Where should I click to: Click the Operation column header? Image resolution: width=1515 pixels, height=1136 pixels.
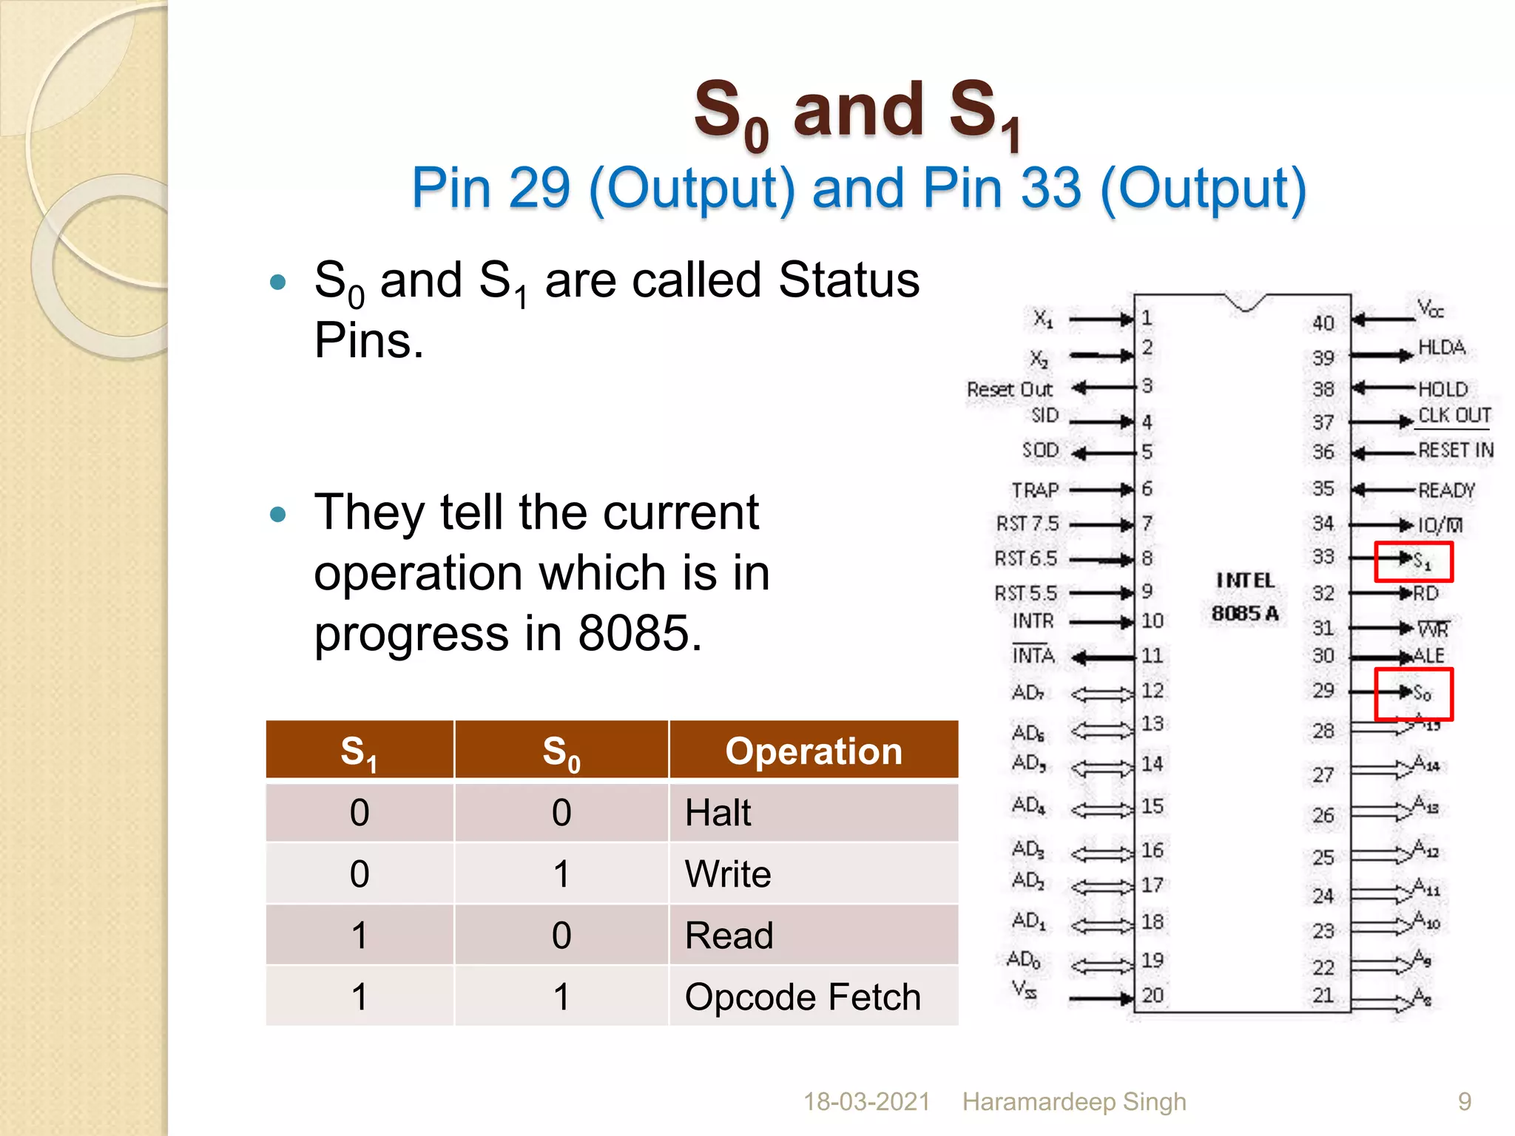(814, 751)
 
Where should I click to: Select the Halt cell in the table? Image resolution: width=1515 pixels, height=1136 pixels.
(718, 813)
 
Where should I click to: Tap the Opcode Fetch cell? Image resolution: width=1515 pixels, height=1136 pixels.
(803, 997)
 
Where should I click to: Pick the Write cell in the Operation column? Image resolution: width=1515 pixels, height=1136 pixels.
(728, 874)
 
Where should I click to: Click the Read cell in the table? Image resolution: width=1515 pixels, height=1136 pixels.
(729, 936)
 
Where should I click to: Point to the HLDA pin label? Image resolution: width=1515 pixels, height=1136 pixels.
(1441, 348)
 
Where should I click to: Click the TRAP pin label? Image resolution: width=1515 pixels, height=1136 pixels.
(1035, 490)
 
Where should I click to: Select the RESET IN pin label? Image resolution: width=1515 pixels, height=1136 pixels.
(1455, 450)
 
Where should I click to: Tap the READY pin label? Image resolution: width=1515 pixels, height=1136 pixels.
(1446, 490)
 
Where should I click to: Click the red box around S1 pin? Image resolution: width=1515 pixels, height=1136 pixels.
(1414, 561)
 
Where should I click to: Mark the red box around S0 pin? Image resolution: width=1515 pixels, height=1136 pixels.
(1414, 694)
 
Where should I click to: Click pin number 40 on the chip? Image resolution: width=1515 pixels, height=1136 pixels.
(1323, 323)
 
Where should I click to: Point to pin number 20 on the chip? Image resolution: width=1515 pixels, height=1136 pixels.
(1153, 995)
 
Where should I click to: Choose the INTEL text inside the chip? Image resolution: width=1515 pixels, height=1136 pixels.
(1246, 581)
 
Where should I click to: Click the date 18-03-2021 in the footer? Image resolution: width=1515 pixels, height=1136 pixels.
(866, 1102)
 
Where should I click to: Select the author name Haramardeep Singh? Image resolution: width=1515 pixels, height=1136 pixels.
(1074, 1102)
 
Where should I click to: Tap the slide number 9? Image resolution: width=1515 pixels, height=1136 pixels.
(1465, 1102)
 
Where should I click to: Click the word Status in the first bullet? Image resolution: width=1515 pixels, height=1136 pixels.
(848, 280)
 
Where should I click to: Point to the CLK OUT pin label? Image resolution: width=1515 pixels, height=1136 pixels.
(1454, 416)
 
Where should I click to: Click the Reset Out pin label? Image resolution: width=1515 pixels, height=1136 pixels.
(1009, 390)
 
